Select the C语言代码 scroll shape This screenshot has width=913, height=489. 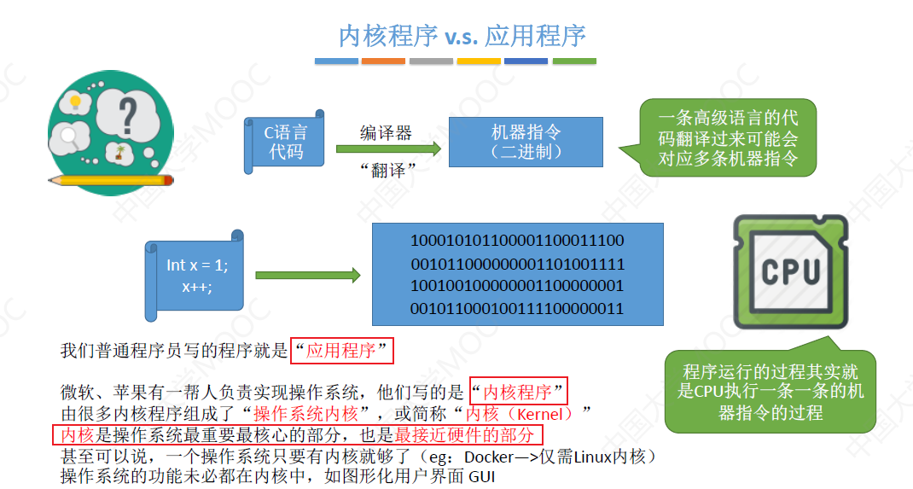[x=285, y=142]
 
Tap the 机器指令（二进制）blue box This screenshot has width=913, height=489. [x=526, y=142]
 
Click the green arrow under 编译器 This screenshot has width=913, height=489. [x=388, y=149]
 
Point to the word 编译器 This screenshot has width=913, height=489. [x=386, y=132]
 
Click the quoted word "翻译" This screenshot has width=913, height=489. [x=387, y=169]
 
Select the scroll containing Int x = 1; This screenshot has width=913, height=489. [x=196, y=276]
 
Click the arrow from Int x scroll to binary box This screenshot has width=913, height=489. [x=307, y=275]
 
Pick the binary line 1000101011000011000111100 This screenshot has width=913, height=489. [x=517, y=241]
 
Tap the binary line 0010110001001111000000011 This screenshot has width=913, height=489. [x=517, y=308]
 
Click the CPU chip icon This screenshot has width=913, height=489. [x=790, y=271]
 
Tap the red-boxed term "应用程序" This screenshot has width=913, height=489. [x=341, y=350]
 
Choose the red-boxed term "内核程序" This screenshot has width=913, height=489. [x=518, y=392]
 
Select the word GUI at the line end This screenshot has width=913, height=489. [x=480, y=476]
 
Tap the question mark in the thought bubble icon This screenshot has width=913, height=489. [x=128, y=114]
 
